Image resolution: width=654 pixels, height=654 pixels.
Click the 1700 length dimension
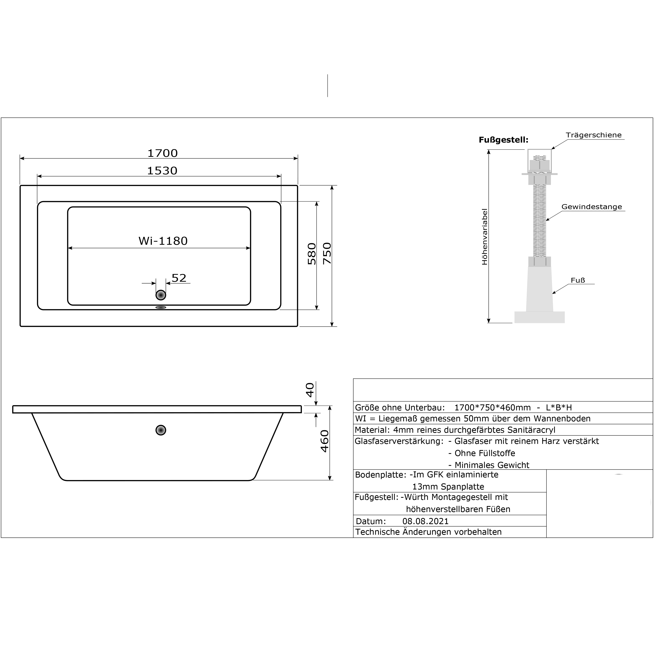click(162, 153)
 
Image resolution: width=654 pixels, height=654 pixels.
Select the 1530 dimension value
click(162, 171)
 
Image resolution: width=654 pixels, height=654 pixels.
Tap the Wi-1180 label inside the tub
click(163, 241)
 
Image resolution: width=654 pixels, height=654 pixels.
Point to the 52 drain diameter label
click(179, 278)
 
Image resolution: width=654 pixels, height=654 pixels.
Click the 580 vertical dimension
click(312, 254)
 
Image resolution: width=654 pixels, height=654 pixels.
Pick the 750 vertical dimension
click(327, 254)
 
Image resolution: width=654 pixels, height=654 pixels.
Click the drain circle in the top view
click(161, 295)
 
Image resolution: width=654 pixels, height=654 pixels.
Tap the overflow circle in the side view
click(161, 430)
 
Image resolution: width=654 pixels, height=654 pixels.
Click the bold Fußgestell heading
click(503, 140)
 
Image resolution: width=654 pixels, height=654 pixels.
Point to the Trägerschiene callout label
click(594, 135)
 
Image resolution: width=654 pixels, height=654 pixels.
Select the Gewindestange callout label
click(592, 207)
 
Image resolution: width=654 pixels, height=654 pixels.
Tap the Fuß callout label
click(578, 280)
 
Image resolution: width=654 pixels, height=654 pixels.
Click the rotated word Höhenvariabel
click(484, 237)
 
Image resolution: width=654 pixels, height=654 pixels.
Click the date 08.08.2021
click(425, 521)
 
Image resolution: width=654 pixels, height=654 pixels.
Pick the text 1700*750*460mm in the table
click(493, 408)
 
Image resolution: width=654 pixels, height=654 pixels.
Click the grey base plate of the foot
click(540, 317)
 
